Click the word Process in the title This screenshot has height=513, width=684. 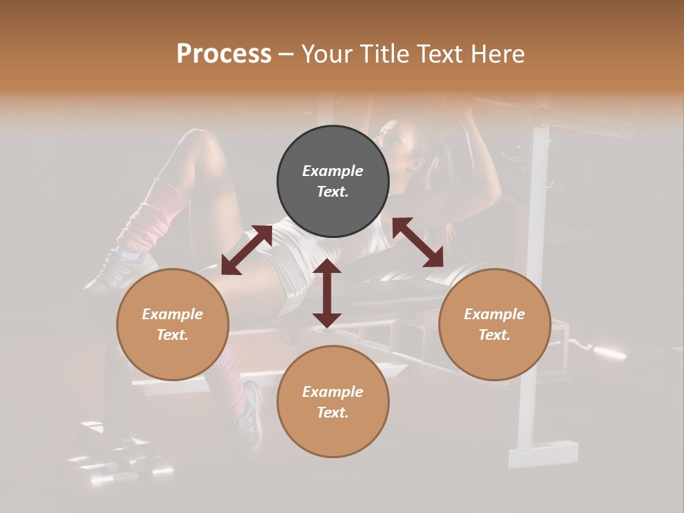point(224,54)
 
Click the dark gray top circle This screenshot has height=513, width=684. point(333,181)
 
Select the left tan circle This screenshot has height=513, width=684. point(172,324)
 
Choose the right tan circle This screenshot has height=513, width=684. point(494,324)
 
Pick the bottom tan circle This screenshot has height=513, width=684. point(333,402)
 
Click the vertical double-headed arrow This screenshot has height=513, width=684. point(327,293)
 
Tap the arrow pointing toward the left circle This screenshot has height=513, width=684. point(247,250)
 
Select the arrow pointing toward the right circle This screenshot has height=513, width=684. point(418,242)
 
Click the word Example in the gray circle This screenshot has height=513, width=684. point(333,171)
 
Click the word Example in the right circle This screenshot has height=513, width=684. point(494,314)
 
